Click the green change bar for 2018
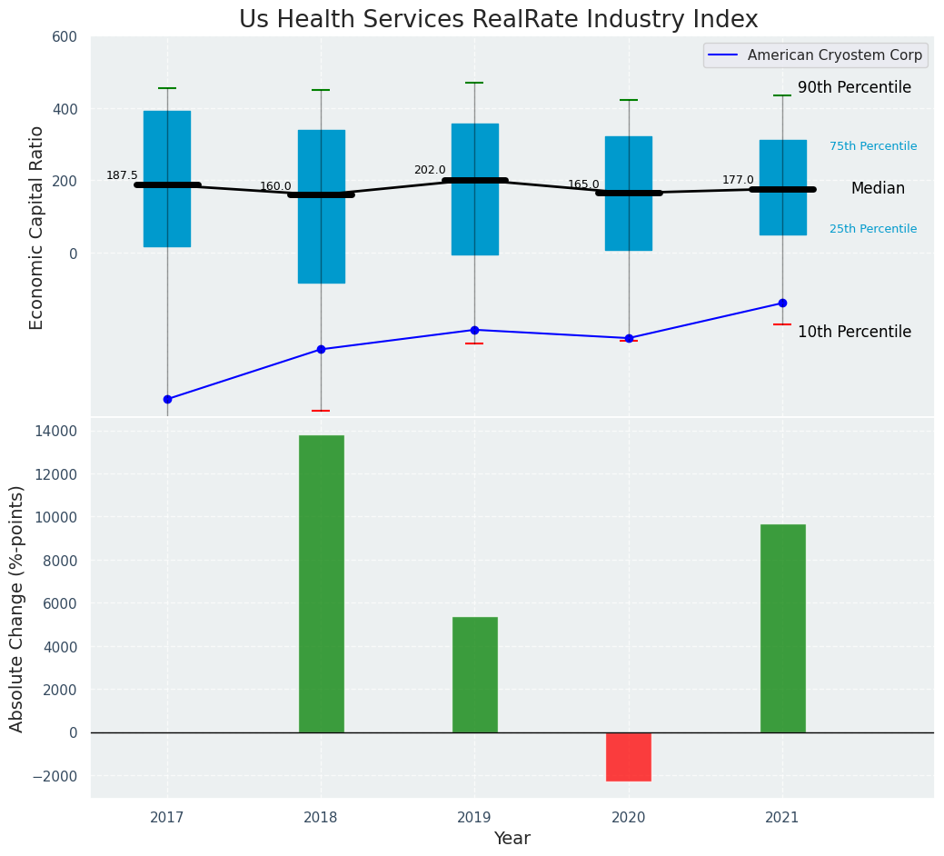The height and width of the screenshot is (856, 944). click(x=321, y=583)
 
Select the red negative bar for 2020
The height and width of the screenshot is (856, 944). click(x=629, y=756)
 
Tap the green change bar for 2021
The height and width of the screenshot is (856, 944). click(x=782, y=628)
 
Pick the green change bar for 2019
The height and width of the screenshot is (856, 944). click(x=474, y=674)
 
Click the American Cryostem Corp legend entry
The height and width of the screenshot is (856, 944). click(x=815, y=55)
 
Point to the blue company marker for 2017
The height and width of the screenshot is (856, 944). click(x=167, y=399)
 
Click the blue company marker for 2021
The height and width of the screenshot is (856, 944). click(x=782, y=303)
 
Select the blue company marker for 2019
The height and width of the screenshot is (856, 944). click(x=474, y=330)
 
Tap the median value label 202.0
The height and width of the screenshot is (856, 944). click(x=430, y=170)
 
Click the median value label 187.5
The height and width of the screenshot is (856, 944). click(x=122, y=175)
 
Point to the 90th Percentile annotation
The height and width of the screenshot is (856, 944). click(x=854, y=88)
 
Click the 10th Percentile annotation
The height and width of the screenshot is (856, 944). click(x=854, y=333)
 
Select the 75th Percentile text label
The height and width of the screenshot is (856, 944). click(x=872, y=146)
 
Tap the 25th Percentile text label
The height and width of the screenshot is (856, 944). click(x=872, y=229)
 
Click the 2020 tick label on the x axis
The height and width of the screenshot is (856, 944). click(x=629, y=818)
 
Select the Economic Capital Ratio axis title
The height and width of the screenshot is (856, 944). click(x=37, y=227)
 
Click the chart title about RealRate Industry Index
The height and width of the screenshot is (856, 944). click(x=498, y=20)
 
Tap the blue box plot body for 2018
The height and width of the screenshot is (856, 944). click(x=321, y=206)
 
